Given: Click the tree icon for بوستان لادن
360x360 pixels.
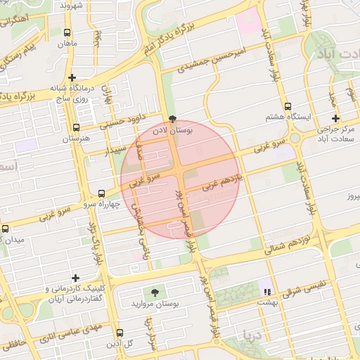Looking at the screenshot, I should pyautogui.click(x=173, y=120).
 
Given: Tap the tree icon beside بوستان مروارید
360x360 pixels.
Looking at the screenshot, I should pyautogui.click(x=154, y=292).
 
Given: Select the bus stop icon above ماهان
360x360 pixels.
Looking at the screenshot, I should pyautogui.click(x=67, y=32).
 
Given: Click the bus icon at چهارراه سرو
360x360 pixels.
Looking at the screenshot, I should pyautogui.click(x=102, y=193).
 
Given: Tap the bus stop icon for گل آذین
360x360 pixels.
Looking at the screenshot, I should pyautogui.click(x=119, y=333).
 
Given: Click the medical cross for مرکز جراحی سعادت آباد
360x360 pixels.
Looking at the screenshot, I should pyautogui.click(x=335, y=118).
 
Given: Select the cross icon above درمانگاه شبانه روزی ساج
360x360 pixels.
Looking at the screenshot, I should pyautogui.click(x=72, y=77).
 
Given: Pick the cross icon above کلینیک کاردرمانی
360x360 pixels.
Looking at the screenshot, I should pyautogui.click(x=75, y=278).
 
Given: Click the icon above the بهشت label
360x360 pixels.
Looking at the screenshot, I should pyautogui.click(x=266, y=291).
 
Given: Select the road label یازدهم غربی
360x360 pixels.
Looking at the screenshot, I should pyautogui.click(x=222, y=184).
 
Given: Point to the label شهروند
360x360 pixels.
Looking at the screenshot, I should pyautogui.click(x=72, y=6).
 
